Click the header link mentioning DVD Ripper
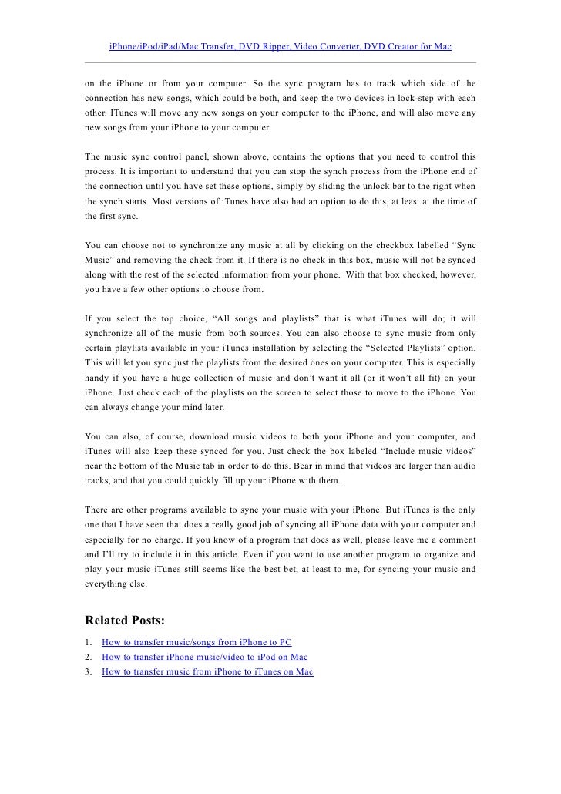tap(280, 47)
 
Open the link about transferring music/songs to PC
tap(197, 642)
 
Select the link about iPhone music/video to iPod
tap(204, 657)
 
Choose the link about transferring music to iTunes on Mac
tap(207, 671)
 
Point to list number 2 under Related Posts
tap(89, 657)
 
